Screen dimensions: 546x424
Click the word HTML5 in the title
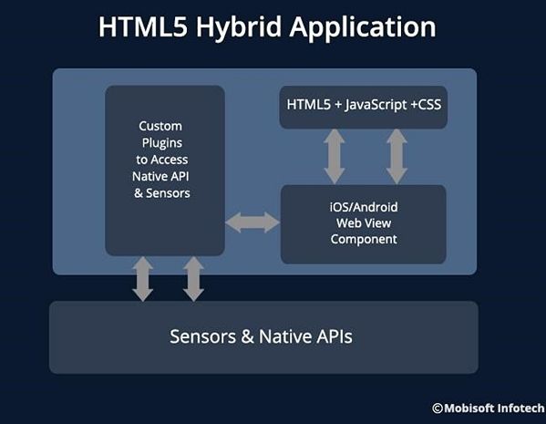coord(143,26)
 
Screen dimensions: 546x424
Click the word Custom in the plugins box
coord(160,126)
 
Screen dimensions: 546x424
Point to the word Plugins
coord(162,143)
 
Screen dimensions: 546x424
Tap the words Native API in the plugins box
coord(160,176)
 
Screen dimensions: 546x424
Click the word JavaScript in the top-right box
coord(376,105)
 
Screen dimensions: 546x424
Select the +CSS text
coord(426,105)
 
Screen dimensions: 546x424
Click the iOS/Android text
coord(364,207)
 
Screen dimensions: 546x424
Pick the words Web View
coord(364,223)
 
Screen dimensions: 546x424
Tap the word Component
coord(364,239)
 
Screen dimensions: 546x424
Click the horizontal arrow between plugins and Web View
coord(252,222)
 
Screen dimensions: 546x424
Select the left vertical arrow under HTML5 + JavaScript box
coord(335,156)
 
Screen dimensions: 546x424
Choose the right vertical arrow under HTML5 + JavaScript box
coord(397,156)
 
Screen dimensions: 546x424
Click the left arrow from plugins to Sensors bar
coord(143,279)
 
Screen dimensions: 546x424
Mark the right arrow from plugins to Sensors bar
coord(193,279)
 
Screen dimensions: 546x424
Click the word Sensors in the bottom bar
coord(202,336)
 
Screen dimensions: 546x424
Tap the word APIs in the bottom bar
coord(335,336)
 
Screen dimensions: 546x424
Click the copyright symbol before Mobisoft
coord(438,408)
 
